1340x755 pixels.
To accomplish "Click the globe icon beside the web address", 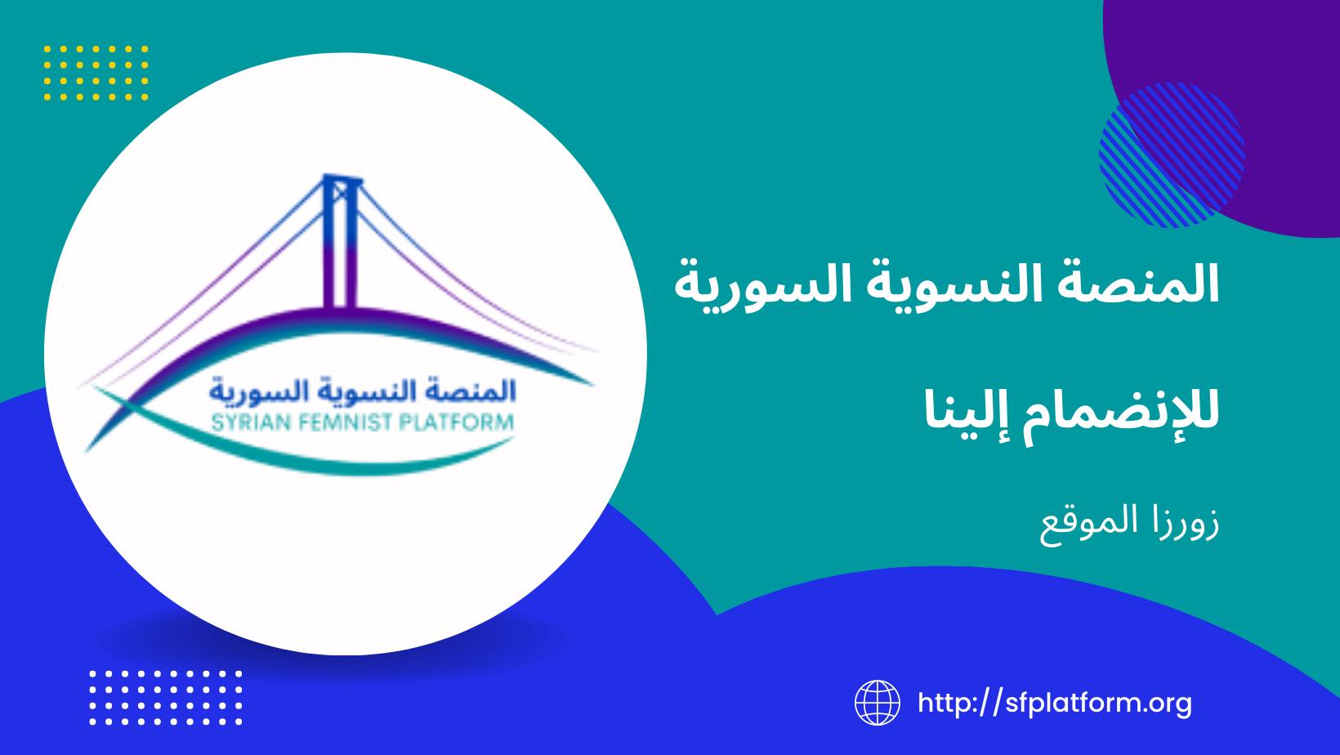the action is point(877,703).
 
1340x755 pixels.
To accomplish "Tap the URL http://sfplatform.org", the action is point(1055,703).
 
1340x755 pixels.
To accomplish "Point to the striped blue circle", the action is point(1172,155).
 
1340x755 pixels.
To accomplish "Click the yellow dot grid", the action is point(96,73).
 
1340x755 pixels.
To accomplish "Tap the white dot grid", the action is point(166,698).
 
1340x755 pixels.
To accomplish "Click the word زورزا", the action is point(1187,521).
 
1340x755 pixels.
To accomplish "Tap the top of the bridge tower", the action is point(342,177).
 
